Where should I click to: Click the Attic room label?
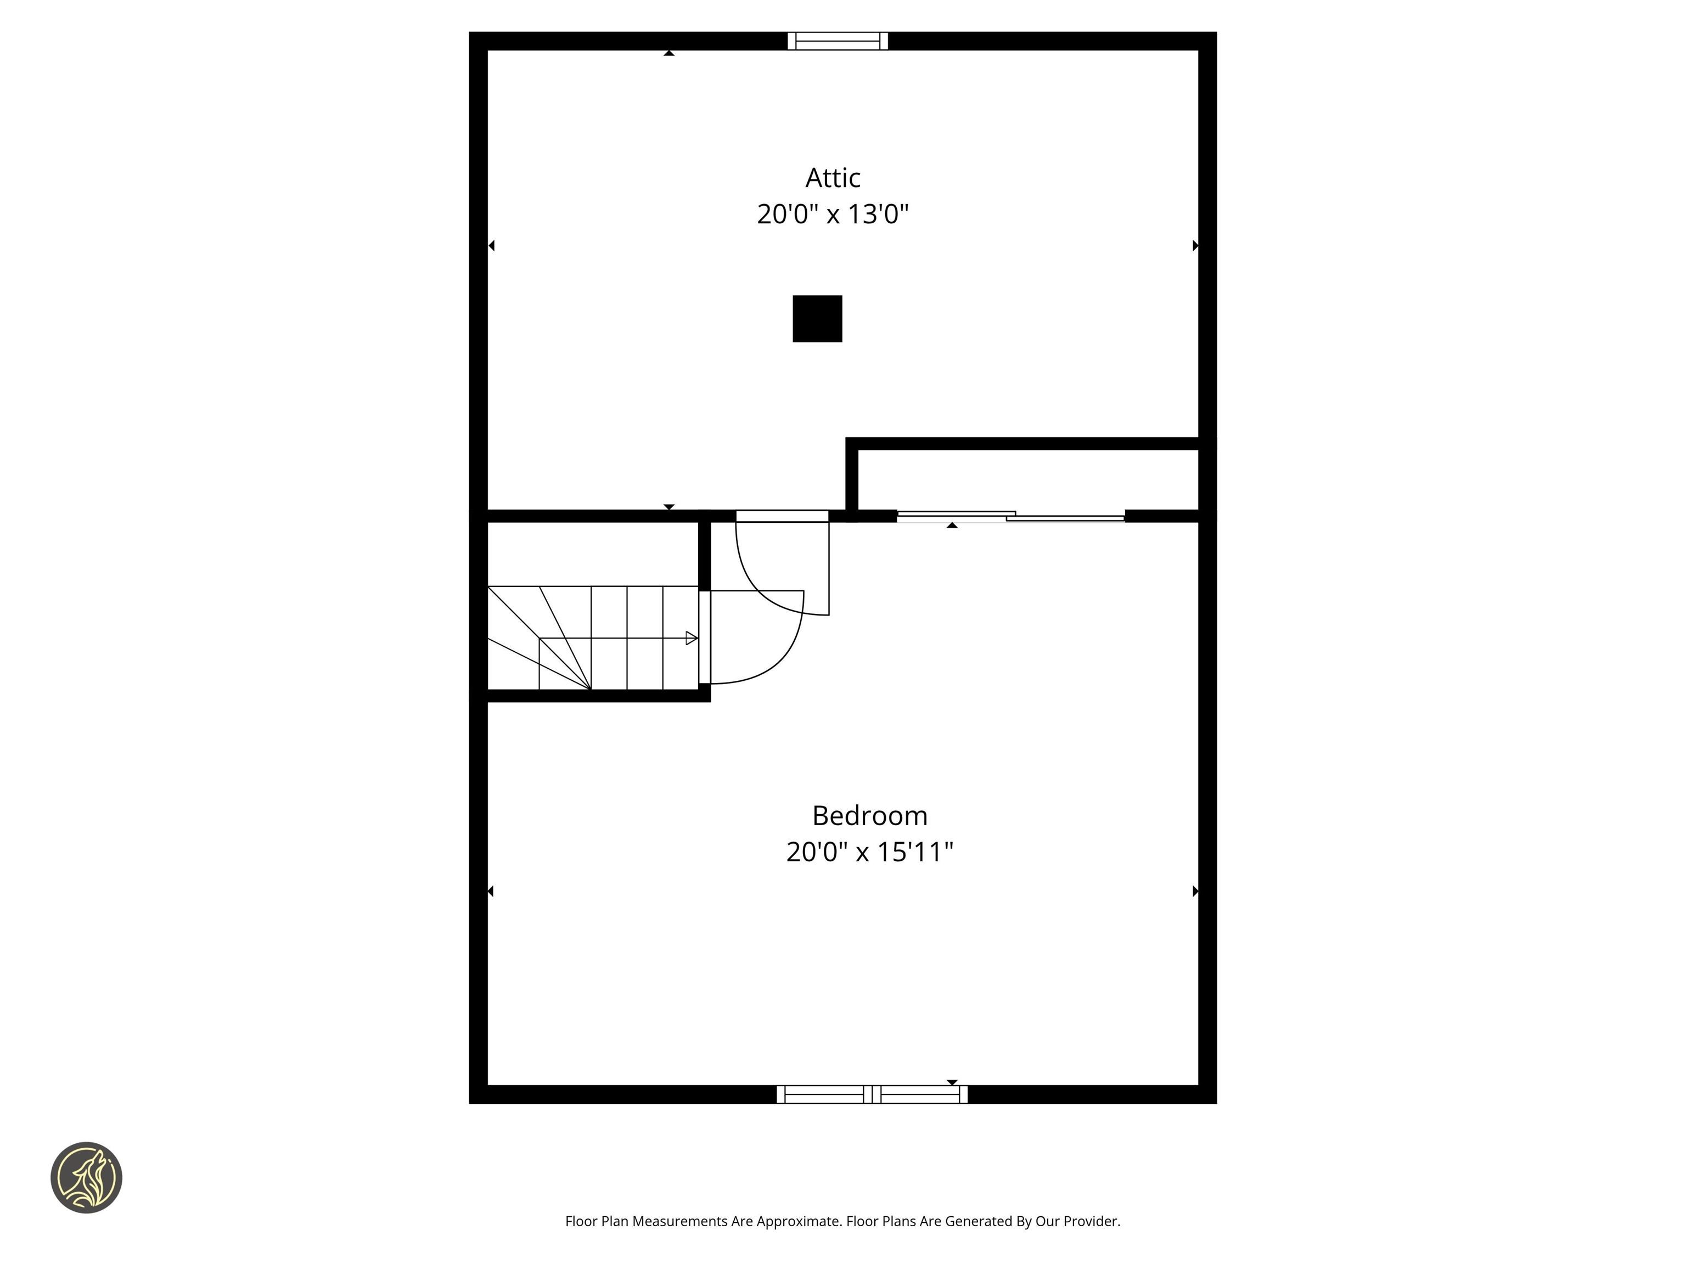click(x=833, y=178)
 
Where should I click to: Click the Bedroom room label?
click(x=870, y=815)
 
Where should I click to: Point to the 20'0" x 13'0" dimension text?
click(x=833, y=214)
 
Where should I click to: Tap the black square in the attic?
click(x=817, y=319)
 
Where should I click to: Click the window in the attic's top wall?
click(x=838, y=41)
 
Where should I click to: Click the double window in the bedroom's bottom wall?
click(x=872, y=1094)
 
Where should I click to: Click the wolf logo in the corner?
click(x=86, y=1177)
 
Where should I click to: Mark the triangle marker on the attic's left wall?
click(x=492, y=245)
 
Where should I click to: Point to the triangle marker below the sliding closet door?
click(x=952, y=525)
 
